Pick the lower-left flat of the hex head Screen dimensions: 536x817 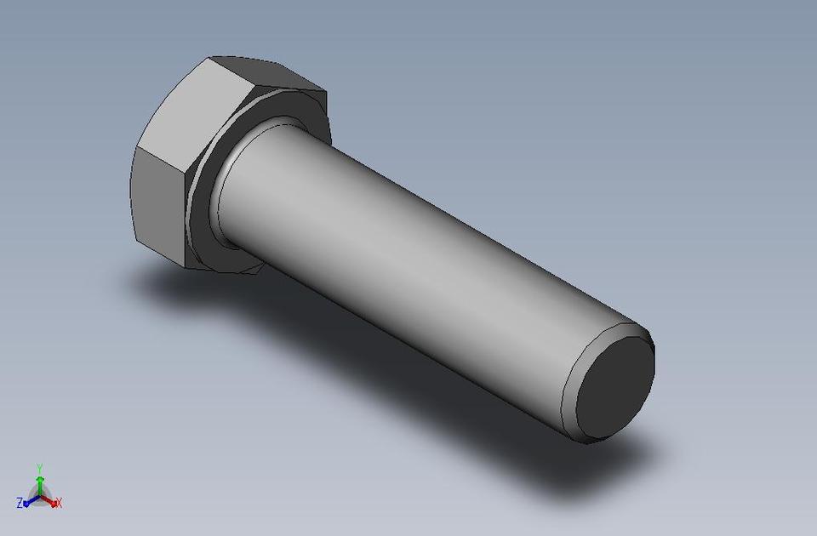pos(158,203)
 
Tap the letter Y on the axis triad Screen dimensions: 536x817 pos(39,468)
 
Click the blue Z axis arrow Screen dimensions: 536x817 pos(29,502)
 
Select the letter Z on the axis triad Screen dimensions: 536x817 pos(20,504)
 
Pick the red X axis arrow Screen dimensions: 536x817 pos(51,502)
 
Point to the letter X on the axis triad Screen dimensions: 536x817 pos(59,504)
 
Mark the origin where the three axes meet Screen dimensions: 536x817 pos(39,497)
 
